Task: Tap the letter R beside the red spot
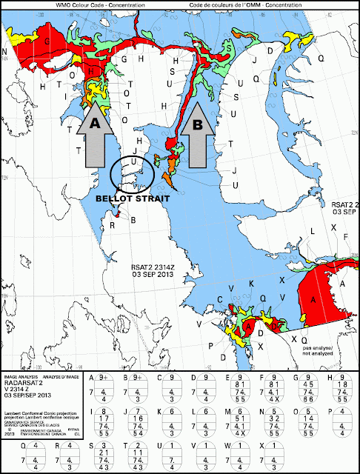113,224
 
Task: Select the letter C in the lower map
220,298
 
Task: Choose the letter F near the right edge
347,236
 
